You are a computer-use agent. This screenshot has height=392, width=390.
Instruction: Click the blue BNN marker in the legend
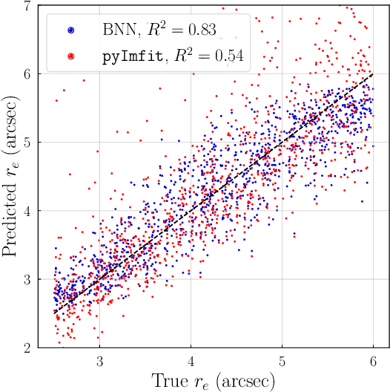coord(71,30)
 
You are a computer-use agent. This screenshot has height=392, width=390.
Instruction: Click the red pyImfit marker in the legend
coord(71,55)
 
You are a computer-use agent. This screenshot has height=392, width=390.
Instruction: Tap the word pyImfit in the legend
coord(129,55)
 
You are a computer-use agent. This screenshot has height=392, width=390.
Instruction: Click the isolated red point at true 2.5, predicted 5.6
coord(56,101)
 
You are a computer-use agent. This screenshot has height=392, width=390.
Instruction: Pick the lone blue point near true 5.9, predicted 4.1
coord(361,201)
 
